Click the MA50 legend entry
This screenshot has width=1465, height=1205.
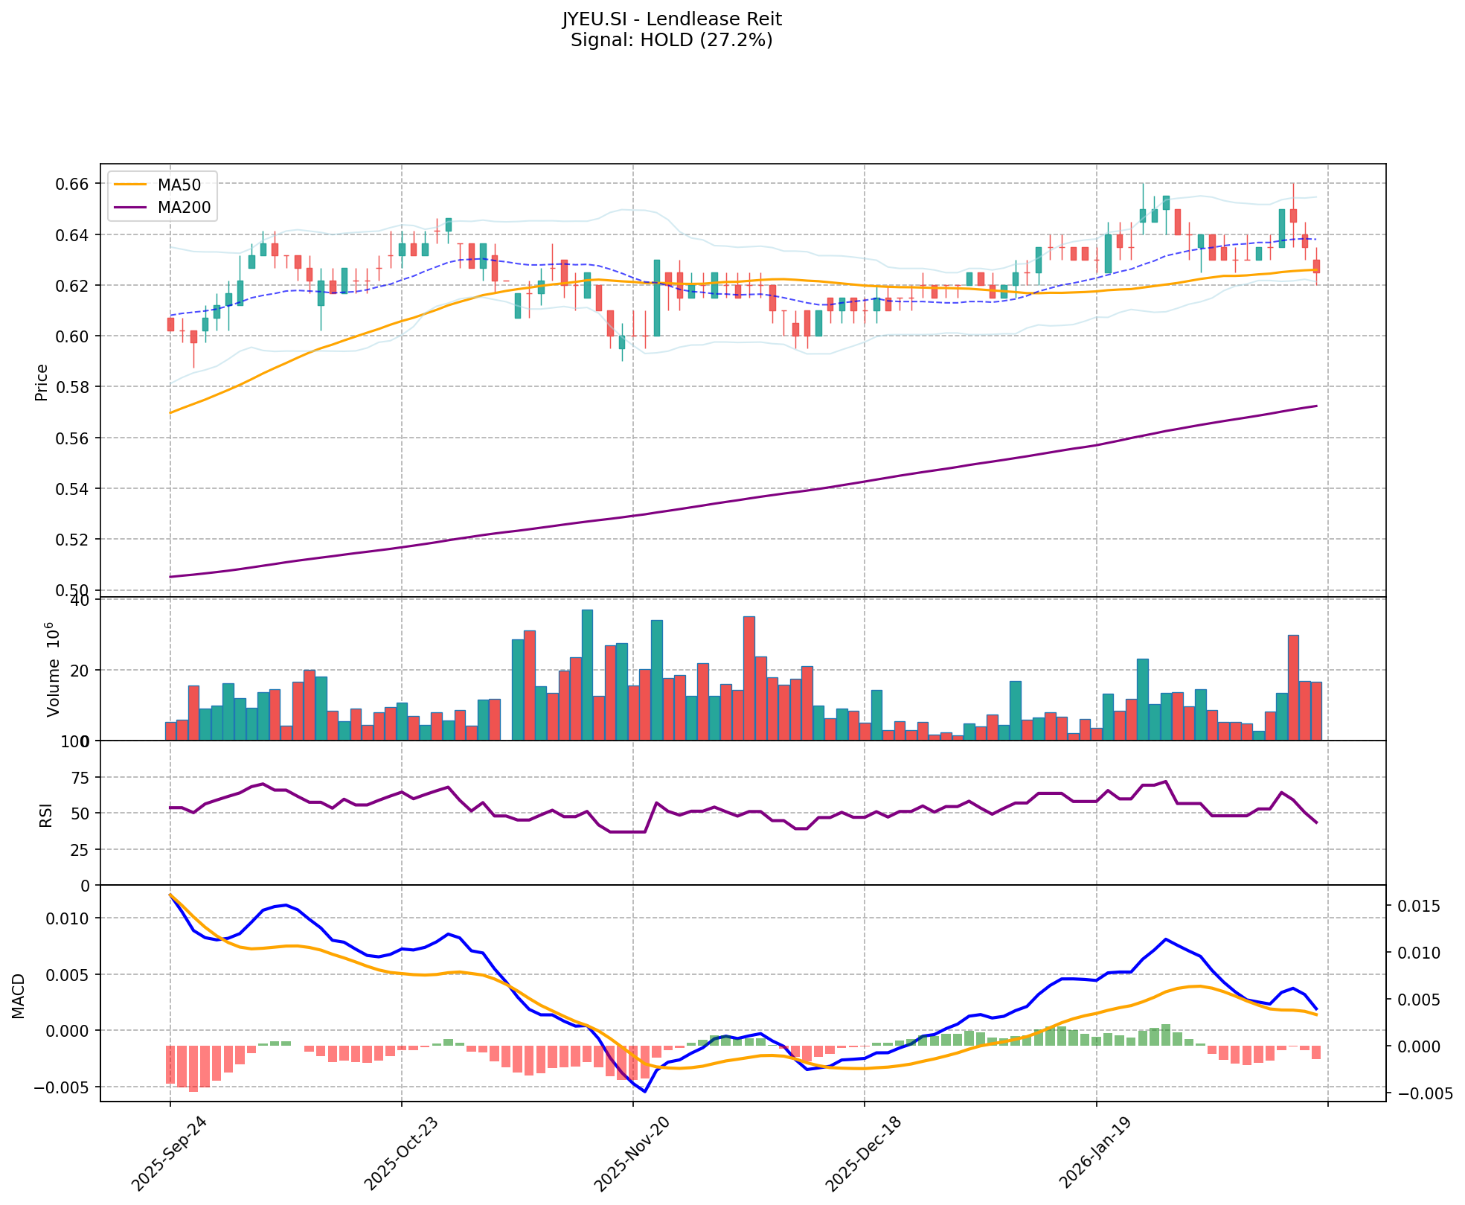pyautogui.click(x=178, y=185)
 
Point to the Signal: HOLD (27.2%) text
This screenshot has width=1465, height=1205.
pyautogui.click(x=671, y=40)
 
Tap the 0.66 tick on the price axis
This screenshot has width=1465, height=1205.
pyautogui.click(x=74, y=184)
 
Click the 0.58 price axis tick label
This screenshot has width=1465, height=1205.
pyautogui.click(x=74, y=387)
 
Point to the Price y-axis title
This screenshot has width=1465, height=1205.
pyautogui.click(x=42, y=383)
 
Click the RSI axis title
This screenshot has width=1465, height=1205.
pyautogui.click(x=46, y=814)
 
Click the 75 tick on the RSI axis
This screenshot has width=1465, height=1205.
pyautogui.click(x=80, y=778)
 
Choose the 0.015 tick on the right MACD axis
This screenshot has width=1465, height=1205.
pyautogui.click(x=1418, y=906)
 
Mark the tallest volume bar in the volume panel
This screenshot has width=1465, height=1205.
pyautogui.click(x=587, y=674)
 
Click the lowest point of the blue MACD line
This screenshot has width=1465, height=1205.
pyautogui.click(x=645, y=1091)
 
